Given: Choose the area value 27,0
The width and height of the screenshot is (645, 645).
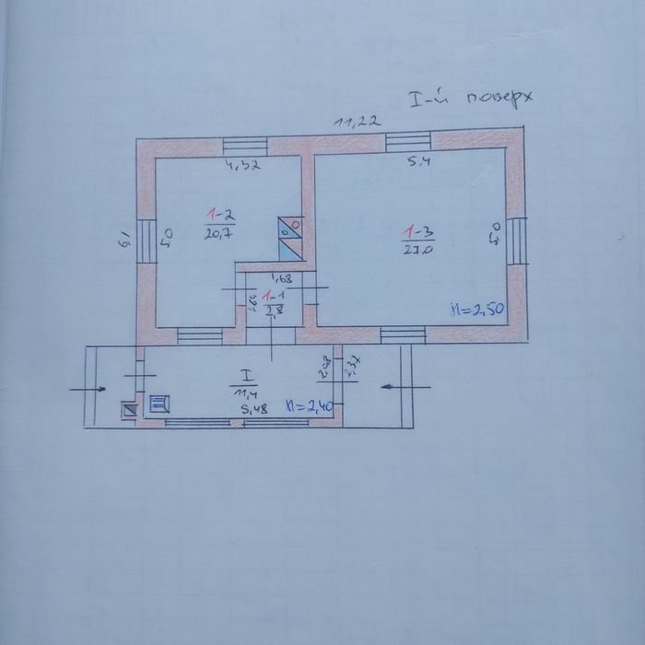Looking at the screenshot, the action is coord(416,249).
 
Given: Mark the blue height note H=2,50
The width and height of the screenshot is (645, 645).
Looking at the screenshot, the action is coord(475,309).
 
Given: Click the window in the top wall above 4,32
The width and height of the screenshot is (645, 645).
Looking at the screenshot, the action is coord(244,145).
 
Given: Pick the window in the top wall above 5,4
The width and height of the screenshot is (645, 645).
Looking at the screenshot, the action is coord(408,142).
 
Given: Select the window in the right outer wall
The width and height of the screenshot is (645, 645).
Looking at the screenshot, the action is coord(517,238).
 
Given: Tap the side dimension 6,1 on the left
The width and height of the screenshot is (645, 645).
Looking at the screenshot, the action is coord(123,243).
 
